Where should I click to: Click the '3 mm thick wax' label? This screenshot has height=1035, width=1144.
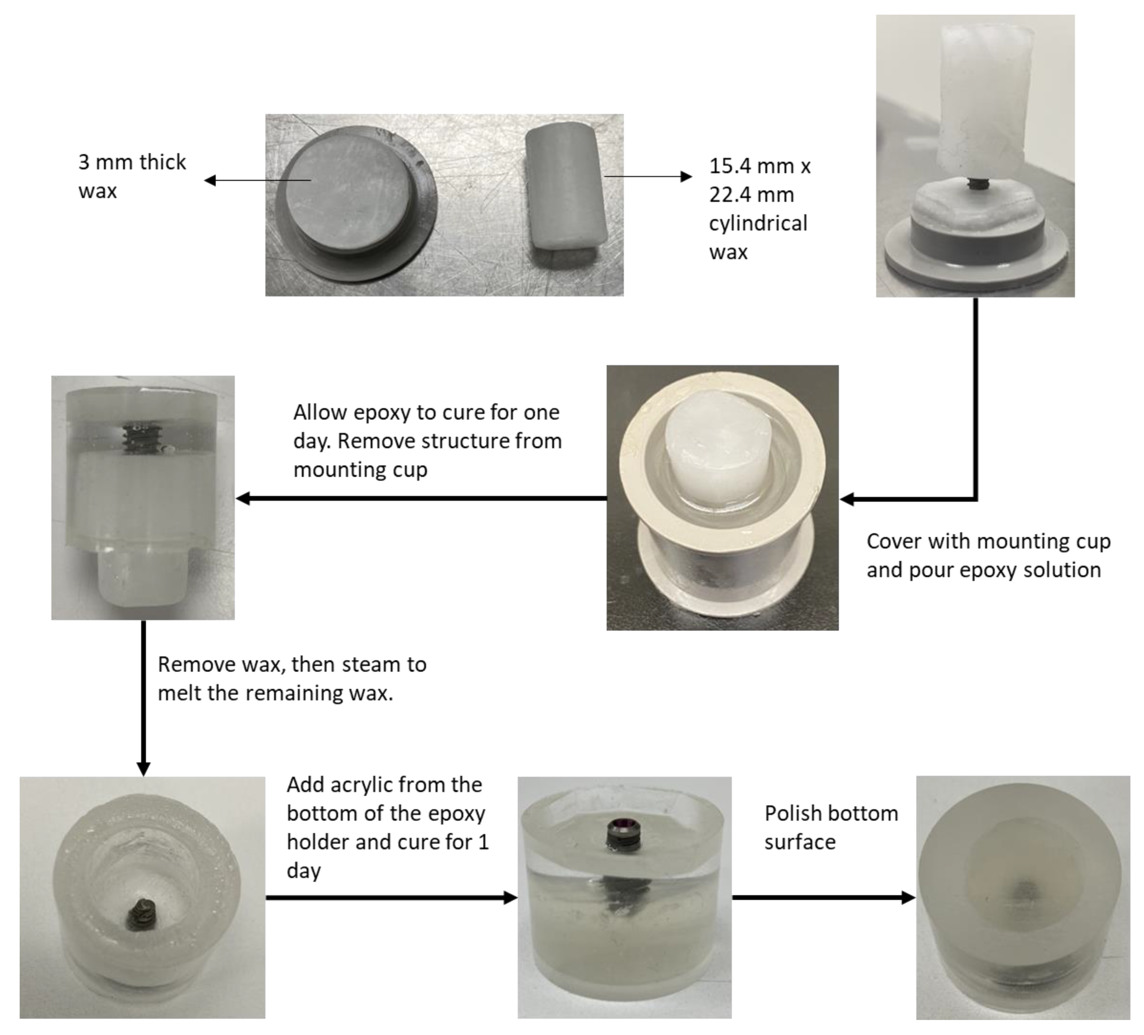pos(132,176)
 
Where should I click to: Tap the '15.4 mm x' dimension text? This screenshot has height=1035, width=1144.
pos(759,166)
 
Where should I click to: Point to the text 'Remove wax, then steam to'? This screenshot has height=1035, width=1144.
pos(292,664)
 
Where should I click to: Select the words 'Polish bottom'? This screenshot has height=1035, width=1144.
pos(831,813)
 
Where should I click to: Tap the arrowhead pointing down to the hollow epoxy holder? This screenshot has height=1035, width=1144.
pos(143,768)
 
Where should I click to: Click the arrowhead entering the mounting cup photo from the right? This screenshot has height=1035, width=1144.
pos(847,499)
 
